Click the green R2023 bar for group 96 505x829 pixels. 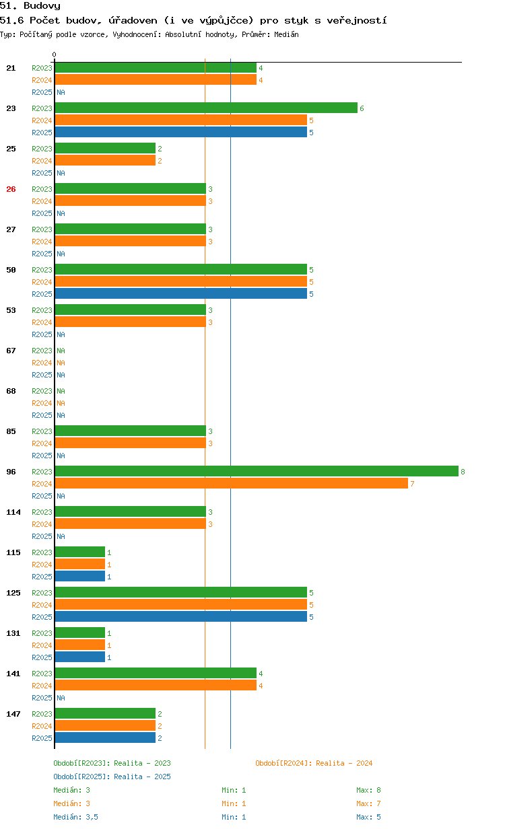click(x=256, y=471)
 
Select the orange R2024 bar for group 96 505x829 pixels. click(x=231, y=483)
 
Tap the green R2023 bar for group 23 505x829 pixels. click(x=205, y=108)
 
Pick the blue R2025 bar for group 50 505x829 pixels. click(x=180, y=293)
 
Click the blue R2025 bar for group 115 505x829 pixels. click(x=79, y=576)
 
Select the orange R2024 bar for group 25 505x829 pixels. click(x=104, y=160)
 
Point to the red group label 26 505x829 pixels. click(x=11, y=189)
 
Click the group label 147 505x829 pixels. click(x=13, y=714)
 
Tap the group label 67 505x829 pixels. click(x=11, y=351)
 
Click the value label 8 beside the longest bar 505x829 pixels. click(x=463, y=472)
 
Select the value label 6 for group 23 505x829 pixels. click(x=362, y=108)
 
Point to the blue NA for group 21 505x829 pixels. click(x=61, y=92)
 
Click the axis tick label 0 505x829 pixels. click(x=55, y=55)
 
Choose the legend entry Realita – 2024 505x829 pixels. click(x=314, y=763)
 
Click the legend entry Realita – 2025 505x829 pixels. click(x=112, y=777)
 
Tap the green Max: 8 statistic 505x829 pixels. click(x=368, y=790)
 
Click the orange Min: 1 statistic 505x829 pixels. click(x=234, y=803)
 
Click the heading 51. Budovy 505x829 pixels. click(x=30, y=6)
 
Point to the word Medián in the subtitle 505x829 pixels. click(x=286, y=34)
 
